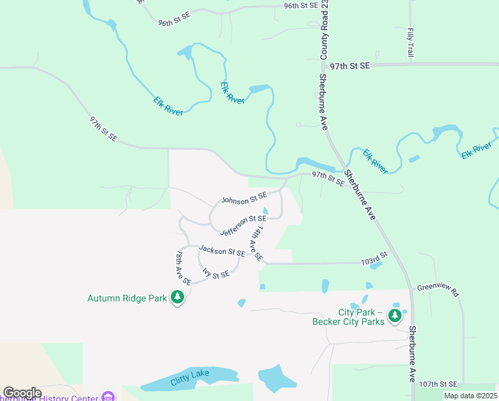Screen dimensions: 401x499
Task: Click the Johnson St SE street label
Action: pyautogui.click(x=244, y=199)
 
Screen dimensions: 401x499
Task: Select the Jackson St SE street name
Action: pyautogui.click(x=222, y=251)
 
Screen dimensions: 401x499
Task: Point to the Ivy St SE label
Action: pyautogui.click(x=216, y=274)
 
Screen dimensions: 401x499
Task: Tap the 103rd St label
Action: pyautogui.click(x=374, y=257)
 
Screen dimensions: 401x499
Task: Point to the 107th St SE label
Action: pyautogui.click(x=438, y=384)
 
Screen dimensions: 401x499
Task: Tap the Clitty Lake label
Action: pyautogui.click(x=190, y=378)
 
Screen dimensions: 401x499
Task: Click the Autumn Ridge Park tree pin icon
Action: pyautogui.click(x=177, y=297)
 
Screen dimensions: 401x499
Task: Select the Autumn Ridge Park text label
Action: pyautogui.click(x=127, y=298)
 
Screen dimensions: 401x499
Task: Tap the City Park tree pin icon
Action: pyautogui.click(x=396, y=315)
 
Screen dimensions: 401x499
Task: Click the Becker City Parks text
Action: pyautogui.click(x=349, y=321)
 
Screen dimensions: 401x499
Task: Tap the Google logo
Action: pyautogui.click(x=22, y=393)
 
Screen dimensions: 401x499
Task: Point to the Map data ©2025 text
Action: pyautogui.click(x=470, y=396)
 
